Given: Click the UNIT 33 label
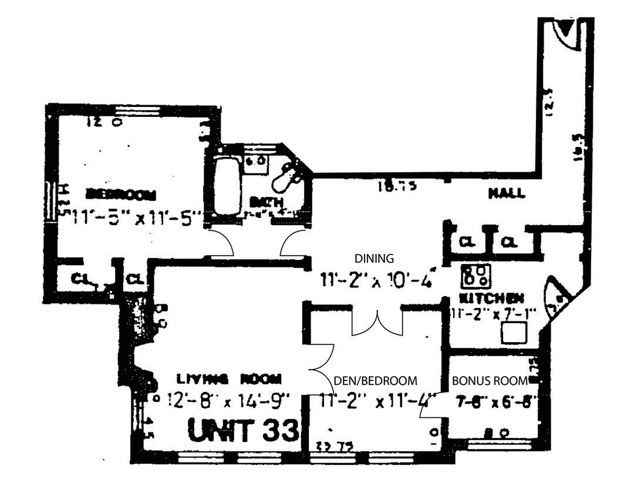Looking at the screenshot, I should point(244,431).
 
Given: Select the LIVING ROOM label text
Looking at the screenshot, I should point(230,378).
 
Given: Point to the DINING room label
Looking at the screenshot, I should point(374,258).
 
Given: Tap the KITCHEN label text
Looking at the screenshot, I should point(491,297).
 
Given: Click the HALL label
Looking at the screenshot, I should point(507,193).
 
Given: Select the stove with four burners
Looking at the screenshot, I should point(475,275).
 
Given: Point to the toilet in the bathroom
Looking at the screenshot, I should point(289,172).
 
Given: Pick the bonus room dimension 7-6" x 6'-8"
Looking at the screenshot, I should point(495,402).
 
